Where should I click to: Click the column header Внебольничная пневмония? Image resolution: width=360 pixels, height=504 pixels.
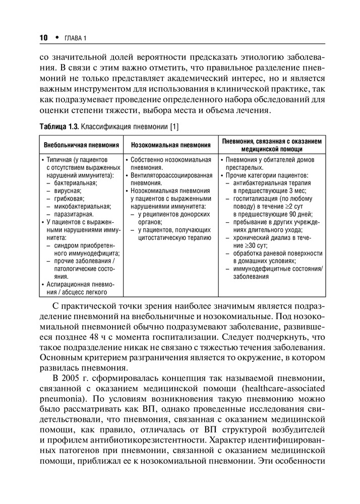81,145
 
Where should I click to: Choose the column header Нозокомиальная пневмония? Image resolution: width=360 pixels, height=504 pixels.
170,145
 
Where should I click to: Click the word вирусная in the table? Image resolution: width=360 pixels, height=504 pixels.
69,191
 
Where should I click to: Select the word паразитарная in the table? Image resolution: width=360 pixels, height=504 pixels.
75,214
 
